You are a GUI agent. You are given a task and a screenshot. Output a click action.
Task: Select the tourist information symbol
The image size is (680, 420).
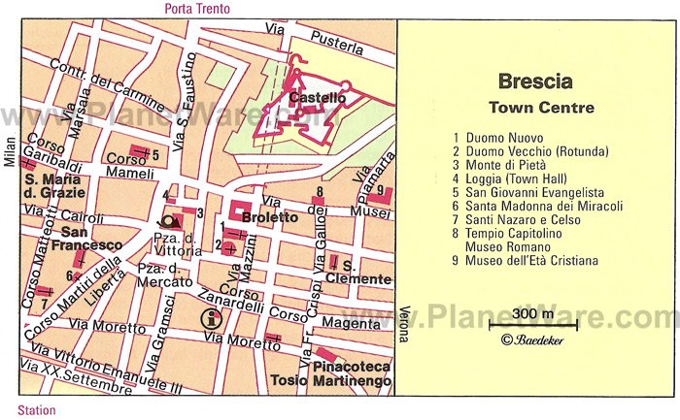tap(208, 318)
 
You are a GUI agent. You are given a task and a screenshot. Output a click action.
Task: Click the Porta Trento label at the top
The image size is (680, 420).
tap(197, 9)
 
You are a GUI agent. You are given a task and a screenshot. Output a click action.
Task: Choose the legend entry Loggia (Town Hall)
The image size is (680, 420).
tap(516, 178)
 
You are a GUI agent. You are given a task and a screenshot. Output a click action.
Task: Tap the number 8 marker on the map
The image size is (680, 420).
tap(319, 192)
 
